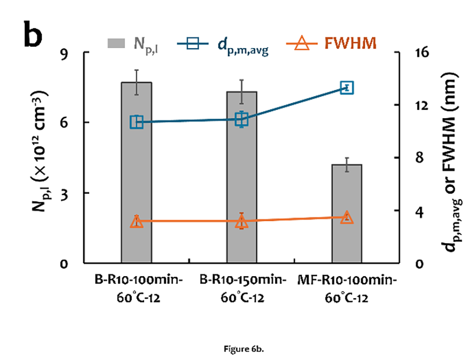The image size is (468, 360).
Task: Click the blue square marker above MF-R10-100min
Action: [347, 88]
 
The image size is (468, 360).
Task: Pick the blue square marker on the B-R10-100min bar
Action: [136, 122]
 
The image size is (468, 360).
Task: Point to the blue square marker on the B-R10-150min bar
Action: [242, 119]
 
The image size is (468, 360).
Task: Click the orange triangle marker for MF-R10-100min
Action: [346, 217]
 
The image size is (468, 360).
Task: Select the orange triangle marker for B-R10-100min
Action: [136, 222]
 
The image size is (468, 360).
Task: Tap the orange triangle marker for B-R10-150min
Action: [242, 222]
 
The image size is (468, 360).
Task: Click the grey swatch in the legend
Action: [117, 44]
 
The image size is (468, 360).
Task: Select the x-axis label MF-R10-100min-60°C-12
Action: [346, 289]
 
